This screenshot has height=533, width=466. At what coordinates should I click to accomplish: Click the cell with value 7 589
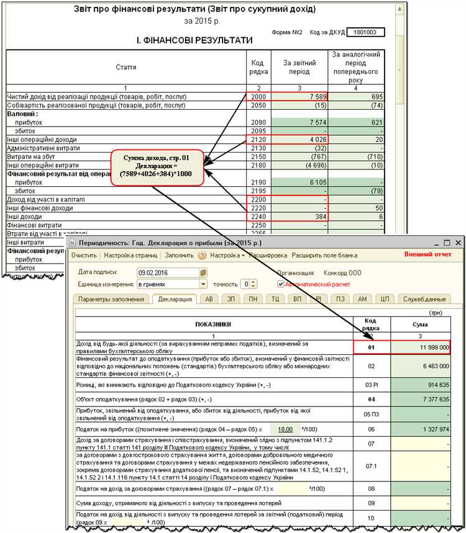point(300,97)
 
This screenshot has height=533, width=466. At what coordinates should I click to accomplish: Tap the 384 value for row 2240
point(300,216)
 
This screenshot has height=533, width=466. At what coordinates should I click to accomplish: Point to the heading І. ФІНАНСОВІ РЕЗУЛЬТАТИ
point(194,40)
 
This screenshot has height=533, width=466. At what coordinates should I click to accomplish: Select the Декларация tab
point(175,298)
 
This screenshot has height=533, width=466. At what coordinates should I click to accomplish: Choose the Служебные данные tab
point(425,298)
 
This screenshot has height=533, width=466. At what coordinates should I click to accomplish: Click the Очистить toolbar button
point(83,255)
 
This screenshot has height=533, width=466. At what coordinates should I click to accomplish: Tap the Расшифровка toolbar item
point(268,255)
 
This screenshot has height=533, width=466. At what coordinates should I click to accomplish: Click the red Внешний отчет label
point(427,254)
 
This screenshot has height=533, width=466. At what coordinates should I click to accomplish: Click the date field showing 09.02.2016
point(168,272)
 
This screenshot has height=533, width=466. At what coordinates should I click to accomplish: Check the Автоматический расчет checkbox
point(281,284)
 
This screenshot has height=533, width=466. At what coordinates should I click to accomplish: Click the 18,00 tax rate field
point(285,429)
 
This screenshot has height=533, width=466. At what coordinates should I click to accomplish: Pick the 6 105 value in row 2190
point(300,183)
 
